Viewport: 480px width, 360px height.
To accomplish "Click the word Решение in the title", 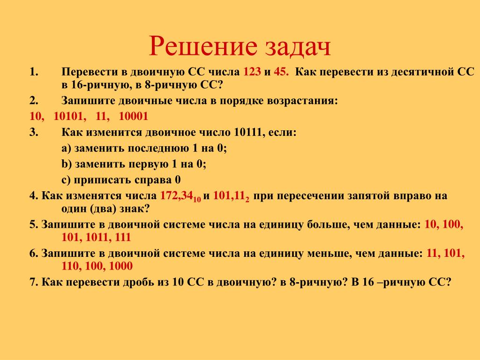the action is (203, 46).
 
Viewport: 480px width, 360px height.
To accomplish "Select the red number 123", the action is (252, 72).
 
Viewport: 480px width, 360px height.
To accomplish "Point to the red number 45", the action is (281, 72).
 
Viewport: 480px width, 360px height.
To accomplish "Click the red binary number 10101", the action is (70, 116).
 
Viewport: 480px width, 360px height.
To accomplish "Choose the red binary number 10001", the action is (134, 116).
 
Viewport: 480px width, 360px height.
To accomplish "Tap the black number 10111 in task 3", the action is (249, 133).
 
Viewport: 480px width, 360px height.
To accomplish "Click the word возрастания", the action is (302, 101).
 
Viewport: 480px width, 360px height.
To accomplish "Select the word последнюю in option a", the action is (158, 149).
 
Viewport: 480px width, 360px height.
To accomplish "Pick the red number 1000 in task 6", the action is (120, 266).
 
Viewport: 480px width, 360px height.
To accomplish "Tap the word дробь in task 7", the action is (138, 282).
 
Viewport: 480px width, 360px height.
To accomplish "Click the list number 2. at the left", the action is (34, 100).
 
